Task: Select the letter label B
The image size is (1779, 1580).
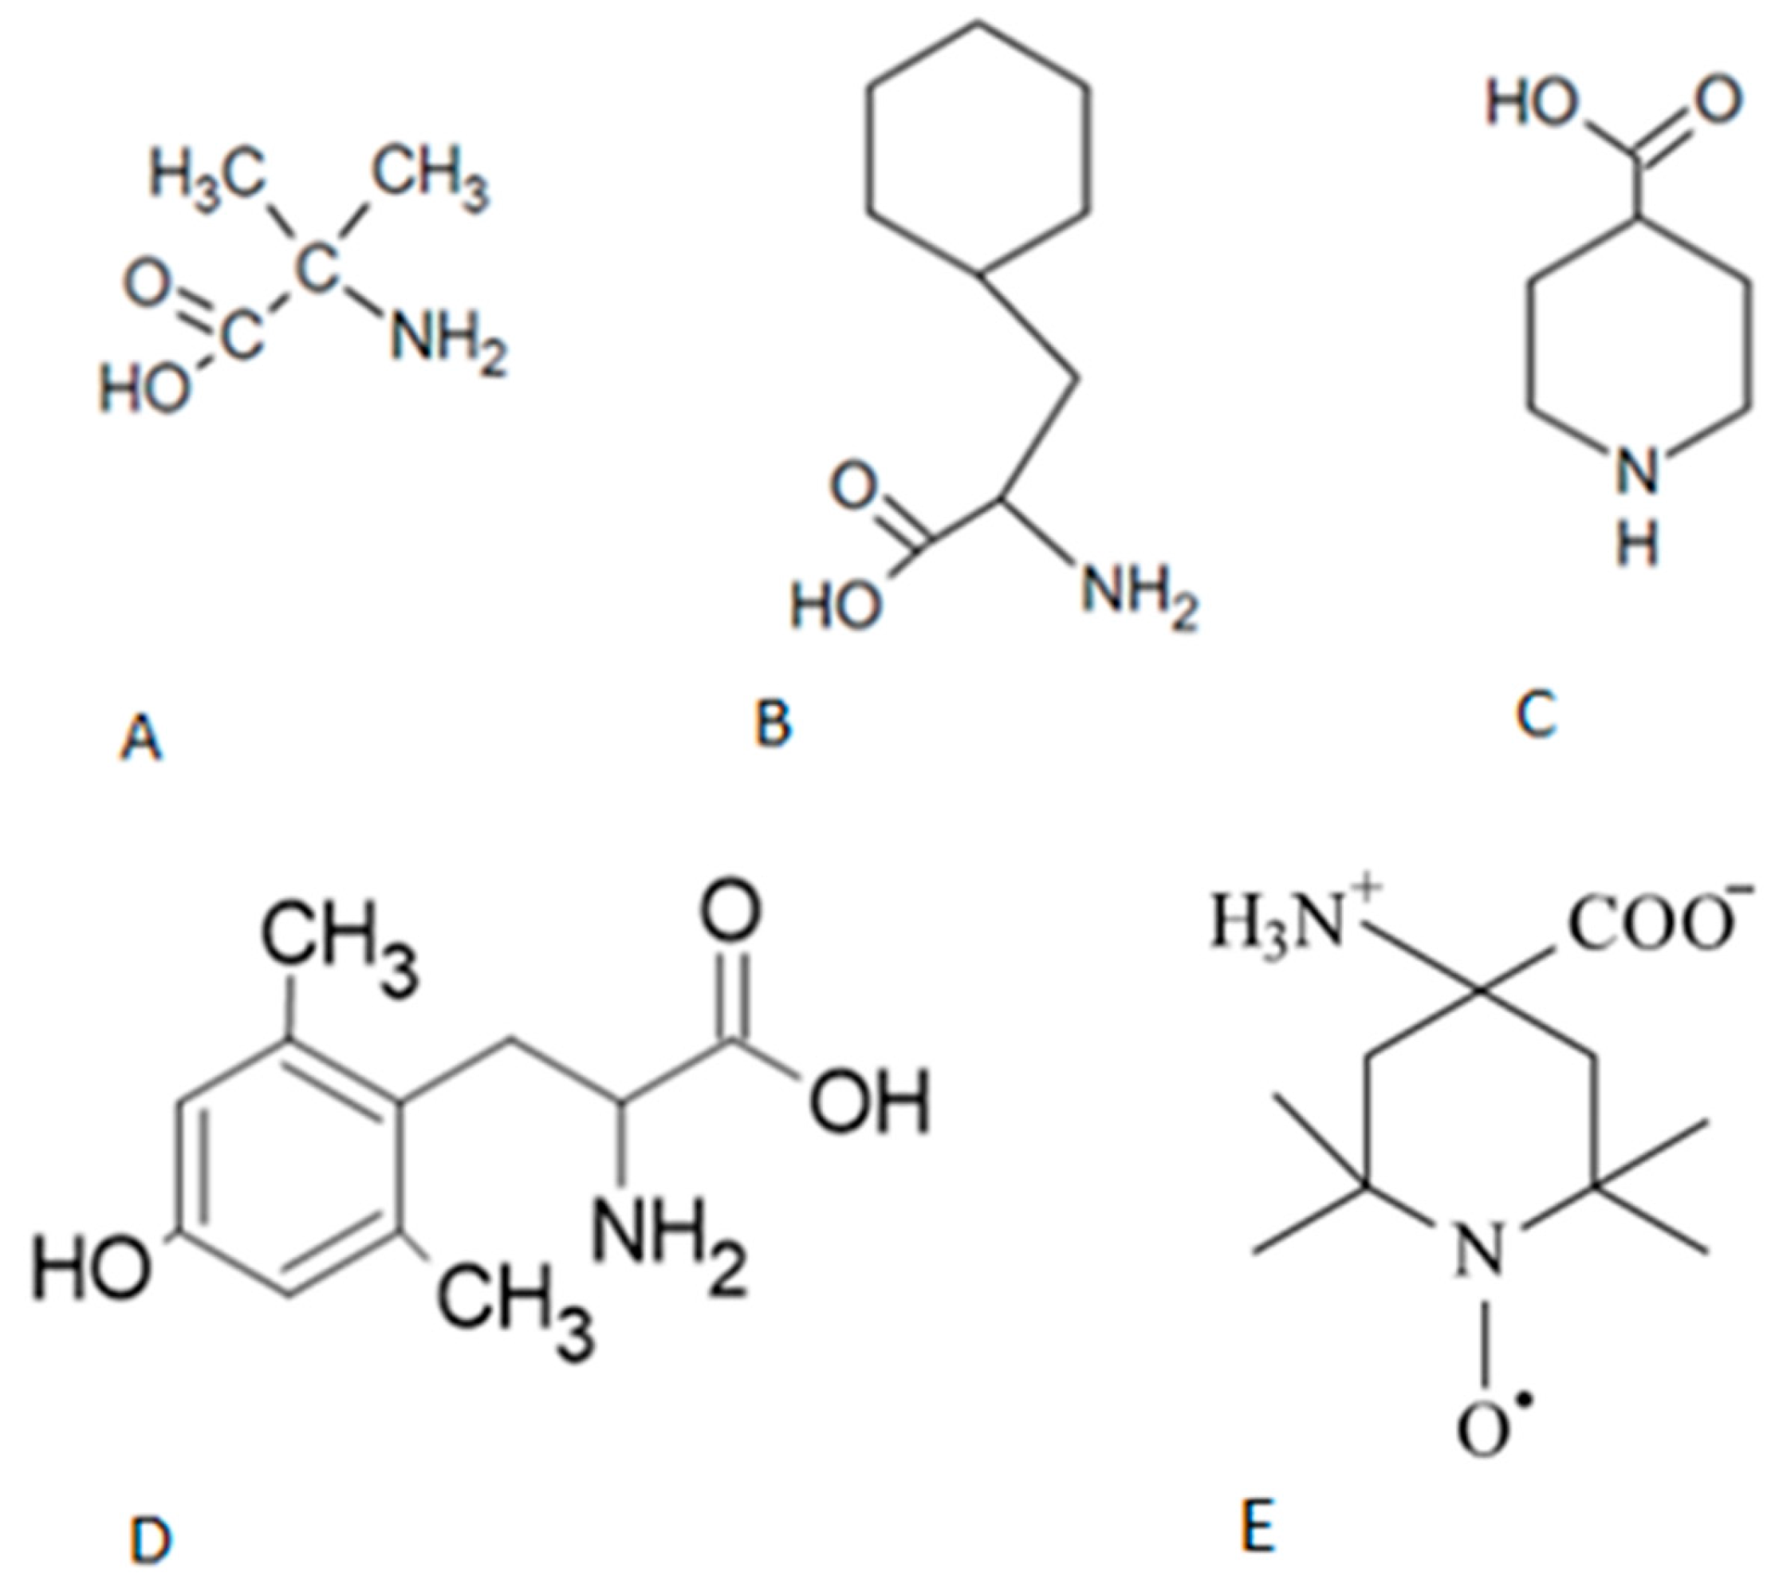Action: [x=773, y=724]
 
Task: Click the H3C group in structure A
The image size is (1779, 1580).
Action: [x=207, y=177]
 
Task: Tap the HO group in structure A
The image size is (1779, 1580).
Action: [x=144, y=388]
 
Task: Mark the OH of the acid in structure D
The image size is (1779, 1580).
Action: [x=868, y=1102]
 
